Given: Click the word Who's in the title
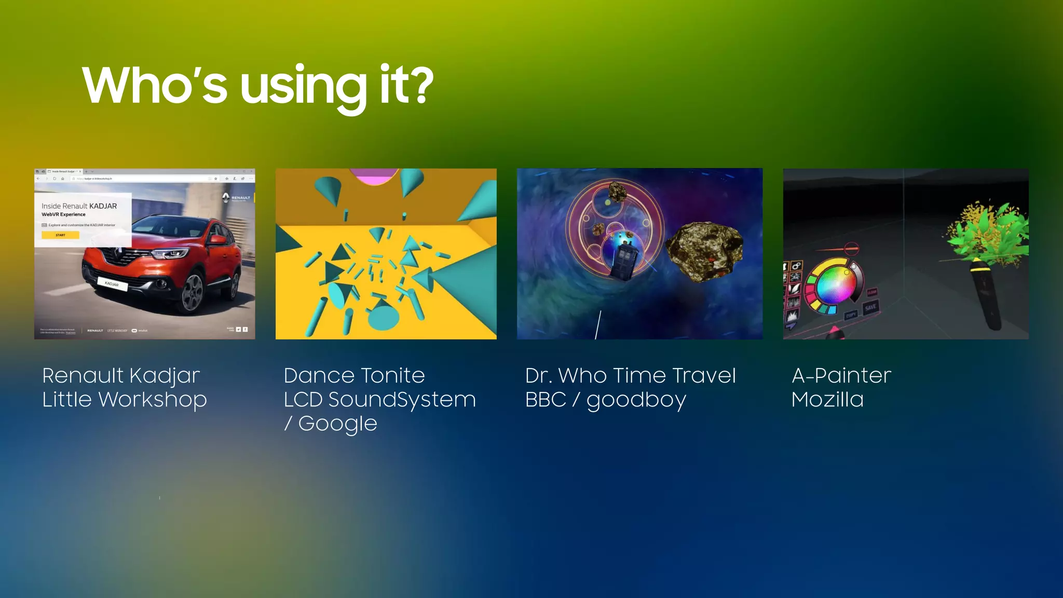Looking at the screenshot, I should (155, 85).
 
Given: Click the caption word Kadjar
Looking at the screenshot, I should (165, 376).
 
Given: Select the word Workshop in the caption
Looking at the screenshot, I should (153, 400).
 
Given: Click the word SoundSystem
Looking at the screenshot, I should (402, 400).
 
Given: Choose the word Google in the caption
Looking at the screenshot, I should (337, 424).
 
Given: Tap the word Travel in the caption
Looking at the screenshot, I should (704, 375).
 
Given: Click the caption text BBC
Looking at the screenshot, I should (546, 400).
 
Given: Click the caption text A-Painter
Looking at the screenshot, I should (841, 375).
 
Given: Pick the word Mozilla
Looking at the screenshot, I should (827, 400).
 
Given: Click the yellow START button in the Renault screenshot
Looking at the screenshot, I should (61, 235).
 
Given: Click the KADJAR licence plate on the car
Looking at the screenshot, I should (112, 284).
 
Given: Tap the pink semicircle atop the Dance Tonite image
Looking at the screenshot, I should (374, 176).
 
